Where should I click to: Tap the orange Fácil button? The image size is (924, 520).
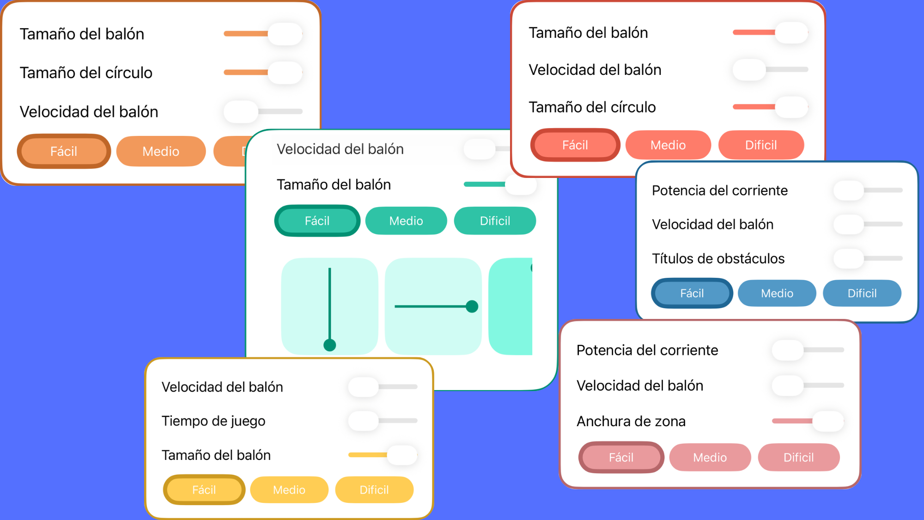coord(64,151)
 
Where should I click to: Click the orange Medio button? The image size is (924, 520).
coord(161,151)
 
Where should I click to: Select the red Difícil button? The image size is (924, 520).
coord(761,145)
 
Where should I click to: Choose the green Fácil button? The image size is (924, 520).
coord(317,221)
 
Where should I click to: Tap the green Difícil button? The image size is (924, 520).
coord(495,221)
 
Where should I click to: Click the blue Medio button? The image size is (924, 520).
coord(777,293)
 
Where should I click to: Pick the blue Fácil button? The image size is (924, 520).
coord(692,293)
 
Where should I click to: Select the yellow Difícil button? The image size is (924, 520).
coord(374,489)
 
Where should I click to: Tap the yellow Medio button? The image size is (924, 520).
coord(289,489)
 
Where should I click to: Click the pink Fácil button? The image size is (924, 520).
coord(621,457)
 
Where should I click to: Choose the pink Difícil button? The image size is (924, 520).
coord(799,457)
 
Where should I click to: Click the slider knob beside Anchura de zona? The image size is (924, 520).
coord(828,421)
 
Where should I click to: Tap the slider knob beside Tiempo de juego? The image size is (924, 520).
coord(364,421)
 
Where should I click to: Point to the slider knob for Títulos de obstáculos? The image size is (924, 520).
coord(849,258)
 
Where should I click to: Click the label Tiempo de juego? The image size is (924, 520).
coord(213,421)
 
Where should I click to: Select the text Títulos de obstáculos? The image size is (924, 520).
coord(718,258)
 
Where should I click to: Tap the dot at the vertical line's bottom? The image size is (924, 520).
coord(330,345)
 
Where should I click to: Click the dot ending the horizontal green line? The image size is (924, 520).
coord(472,306)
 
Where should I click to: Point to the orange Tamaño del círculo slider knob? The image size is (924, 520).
coord(285,73)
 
